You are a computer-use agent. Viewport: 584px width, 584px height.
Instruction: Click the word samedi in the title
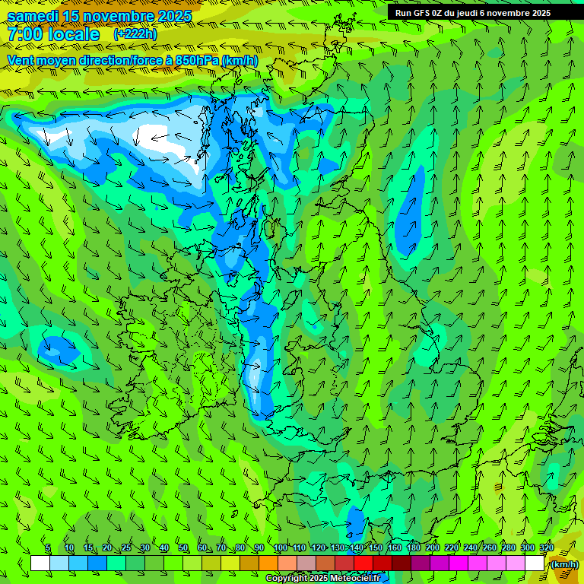pos(32,16)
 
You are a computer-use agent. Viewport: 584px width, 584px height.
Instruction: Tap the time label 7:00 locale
pos(53,34)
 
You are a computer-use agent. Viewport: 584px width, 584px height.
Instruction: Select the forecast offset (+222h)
pos(135,34)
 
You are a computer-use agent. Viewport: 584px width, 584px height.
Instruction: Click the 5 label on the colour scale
pos(48,547)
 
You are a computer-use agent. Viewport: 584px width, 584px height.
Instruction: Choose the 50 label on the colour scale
pos(182,547)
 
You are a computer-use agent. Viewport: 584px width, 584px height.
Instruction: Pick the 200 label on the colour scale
pos(433,547)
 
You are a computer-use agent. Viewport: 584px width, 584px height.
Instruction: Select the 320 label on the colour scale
pos(546,547)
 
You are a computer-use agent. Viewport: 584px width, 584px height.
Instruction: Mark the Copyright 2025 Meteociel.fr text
pos(322,579)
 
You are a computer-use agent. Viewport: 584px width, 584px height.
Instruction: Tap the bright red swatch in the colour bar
pos(363,563)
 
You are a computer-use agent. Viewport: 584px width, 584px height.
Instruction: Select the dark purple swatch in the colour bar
pos(421,563)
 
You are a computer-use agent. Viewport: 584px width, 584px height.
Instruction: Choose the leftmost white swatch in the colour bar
pos(40,563)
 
